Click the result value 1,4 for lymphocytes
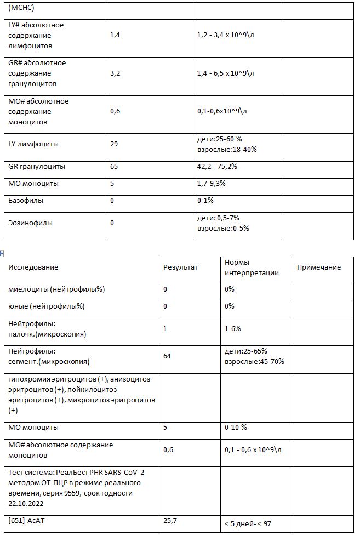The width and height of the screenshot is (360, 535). [x=115, y=35]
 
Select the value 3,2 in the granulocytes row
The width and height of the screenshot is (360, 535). [x=115, y=73]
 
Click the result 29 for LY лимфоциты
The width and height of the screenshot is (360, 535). [x=114, y=144]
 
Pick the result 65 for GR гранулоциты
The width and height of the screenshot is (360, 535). [x=114, y=167]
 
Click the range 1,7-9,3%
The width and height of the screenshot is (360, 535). [x=211, y=184]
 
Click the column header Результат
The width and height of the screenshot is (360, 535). [x=180, y=267]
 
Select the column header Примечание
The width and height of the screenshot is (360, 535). [x=318, y=267]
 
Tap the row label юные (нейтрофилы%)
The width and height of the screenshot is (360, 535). [x=47, y=306]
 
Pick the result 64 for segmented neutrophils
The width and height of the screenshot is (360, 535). [x=167, y=356]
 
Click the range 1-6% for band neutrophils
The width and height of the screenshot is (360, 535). [x=233, y=329]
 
